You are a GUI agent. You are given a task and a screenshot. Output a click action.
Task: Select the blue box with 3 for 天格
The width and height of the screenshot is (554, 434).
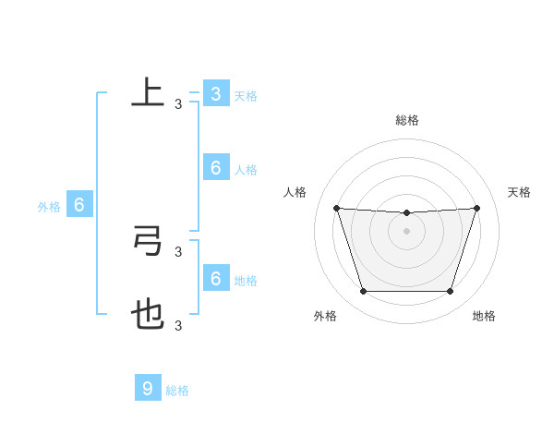(215, 94)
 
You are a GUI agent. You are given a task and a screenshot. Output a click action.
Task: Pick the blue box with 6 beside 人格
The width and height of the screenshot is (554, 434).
(215, 167)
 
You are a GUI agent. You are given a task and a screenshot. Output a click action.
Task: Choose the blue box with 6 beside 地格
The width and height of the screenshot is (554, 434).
(215, 278)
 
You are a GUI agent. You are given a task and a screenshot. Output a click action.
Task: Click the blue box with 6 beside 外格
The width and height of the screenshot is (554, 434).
(78, 205)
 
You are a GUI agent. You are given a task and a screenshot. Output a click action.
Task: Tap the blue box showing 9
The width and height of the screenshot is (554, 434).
(147, 388)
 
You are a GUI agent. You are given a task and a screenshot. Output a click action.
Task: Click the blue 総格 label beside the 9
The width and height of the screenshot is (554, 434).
(177, 391)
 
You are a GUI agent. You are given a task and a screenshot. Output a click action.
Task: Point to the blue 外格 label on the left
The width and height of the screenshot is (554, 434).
(49, 207)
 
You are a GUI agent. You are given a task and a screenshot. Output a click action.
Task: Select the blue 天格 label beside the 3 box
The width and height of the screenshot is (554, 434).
(246, 96)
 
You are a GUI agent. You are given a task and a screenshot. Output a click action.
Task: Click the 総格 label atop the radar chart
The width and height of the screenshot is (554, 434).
(406, 120)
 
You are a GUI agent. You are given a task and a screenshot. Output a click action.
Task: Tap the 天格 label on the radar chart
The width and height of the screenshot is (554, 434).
(519, 192)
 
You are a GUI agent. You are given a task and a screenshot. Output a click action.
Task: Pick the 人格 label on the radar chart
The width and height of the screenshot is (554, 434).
(295, 192)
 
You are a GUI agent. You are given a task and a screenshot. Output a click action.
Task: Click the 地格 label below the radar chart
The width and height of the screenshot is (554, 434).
(484, 316)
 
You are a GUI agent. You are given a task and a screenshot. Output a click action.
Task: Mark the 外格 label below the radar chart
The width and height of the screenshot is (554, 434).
(325, 316)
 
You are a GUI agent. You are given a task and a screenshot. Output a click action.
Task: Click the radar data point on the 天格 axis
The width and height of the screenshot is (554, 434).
(476, 208)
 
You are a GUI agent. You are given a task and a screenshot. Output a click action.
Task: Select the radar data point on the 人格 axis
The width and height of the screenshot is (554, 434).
(336, 208)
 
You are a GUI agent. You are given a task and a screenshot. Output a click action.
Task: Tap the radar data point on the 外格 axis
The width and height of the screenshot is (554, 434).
(363, 292)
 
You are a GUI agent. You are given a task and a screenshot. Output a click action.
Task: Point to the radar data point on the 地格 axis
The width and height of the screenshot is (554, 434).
(450, 292)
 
